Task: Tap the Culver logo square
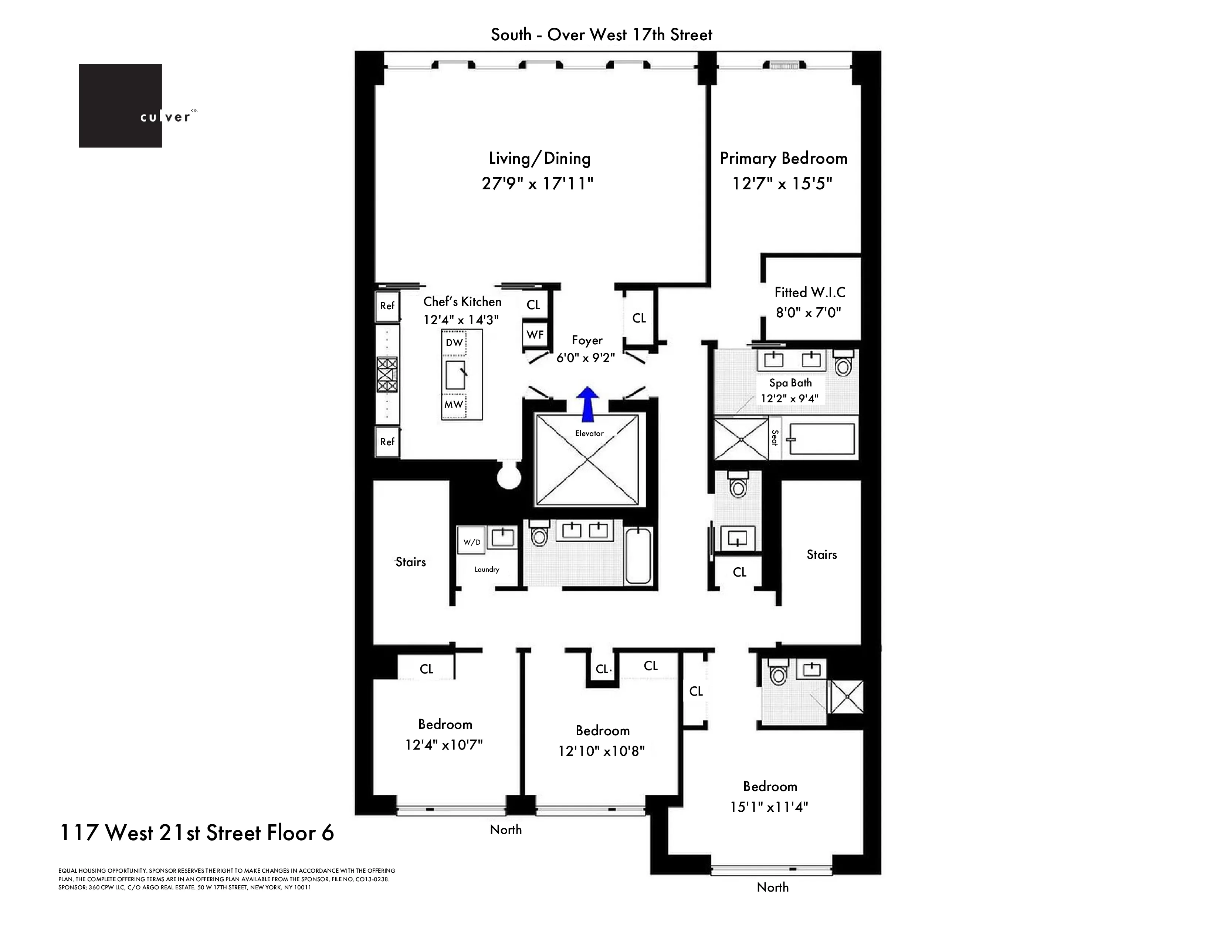pos(120,106)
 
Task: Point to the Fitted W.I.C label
pos(809,292)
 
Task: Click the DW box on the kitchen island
pos(454,342)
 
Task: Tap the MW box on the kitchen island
pos(454,404)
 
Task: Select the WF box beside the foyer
pos(535,335)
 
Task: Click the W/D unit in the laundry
pos(471,542)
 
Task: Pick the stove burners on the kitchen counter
pos(387,374)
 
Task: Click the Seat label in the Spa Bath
pos(774,437)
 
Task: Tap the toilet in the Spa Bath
pos(843,364)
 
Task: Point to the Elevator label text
pos(589,433)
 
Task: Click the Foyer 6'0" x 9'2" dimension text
pos(586,358)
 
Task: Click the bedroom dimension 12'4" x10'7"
pos(444,745)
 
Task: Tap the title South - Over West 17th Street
pos(601,35)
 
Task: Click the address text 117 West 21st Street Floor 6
pos(197,833)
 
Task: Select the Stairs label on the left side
pos(411,562)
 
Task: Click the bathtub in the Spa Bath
pos(821,439)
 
